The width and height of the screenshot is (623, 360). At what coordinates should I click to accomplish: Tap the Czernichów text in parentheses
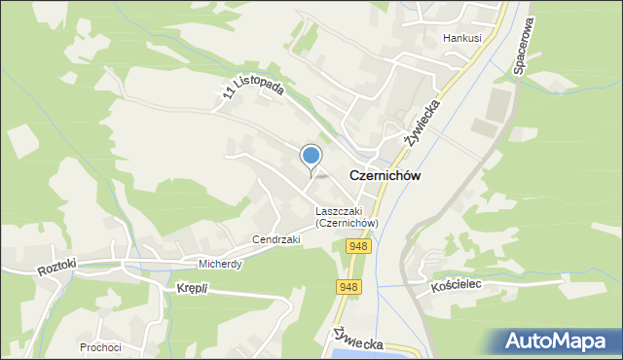[347, 223]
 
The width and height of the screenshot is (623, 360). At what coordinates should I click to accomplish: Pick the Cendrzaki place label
[276, 238]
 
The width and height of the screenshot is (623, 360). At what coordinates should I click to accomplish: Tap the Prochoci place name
[101, 346]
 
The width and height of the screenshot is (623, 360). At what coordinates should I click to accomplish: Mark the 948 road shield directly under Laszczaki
[356, 246]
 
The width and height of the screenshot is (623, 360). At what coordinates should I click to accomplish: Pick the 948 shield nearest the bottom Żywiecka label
[348, 287]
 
